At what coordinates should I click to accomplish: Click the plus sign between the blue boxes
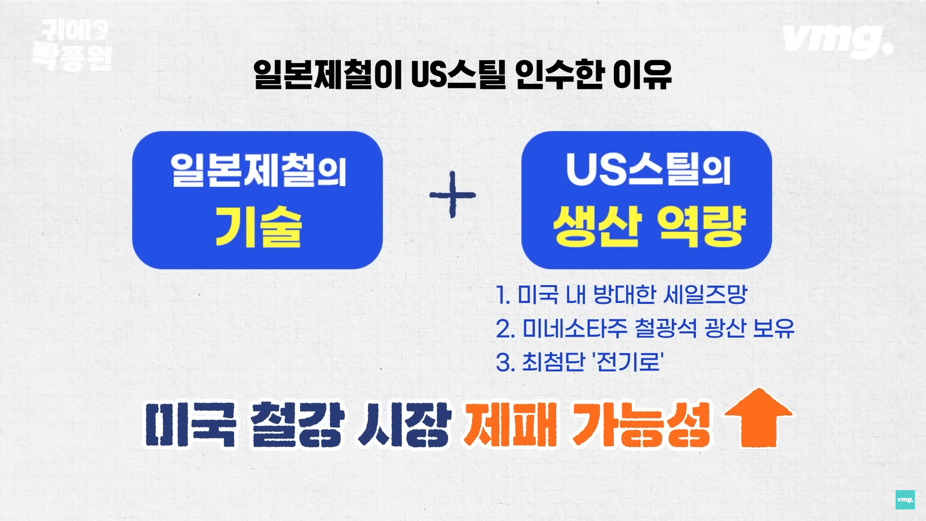point(452,195)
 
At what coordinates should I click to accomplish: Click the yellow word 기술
point(258,228)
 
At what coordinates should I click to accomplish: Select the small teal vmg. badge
point(905,500)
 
